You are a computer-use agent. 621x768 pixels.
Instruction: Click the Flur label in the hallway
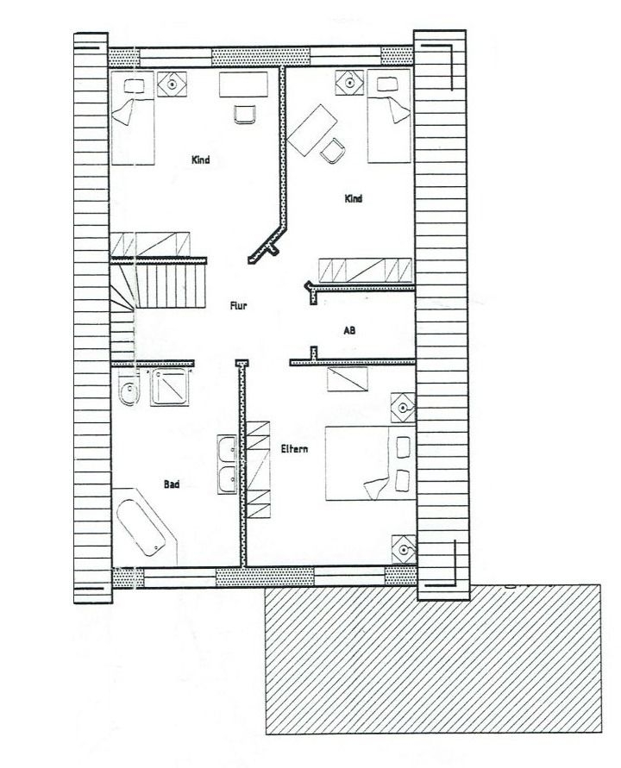click(238, 306)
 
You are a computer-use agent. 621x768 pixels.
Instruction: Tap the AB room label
click(349, 331)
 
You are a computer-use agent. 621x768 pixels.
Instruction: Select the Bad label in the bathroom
click(172, 484)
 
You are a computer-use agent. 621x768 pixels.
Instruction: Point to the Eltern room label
click(294, 449)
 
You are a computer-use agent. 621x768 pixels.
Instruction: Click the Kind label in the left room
click(200, 159)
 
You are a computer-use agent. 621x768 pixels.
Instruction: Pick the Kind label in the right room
click(354, 198)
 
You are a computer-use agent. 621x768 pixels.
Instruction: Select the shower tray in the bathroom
click(170, 386)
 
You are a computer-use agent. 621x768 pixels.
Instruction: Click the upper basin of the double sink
click(227, 450)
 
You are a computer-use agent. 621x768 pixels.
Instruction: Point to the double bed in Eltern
click(371, 463)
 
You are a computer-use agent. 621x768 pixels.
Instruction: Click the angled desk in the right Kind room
click(313, 130)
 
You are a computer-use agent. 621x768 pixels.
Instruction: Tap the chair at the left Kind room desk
click(244, 114)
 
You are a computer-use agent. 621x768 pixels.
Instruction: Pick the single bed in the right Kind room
click(389, 116)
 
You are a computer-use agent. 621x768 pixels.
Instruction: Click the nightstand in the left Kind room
click(172, 84)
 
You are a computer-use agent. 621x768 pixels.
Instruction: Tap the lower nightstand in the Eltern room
click(404, 549)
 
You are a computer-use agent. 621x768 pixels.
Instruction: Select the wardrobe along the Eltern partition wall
click(258, 469)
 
